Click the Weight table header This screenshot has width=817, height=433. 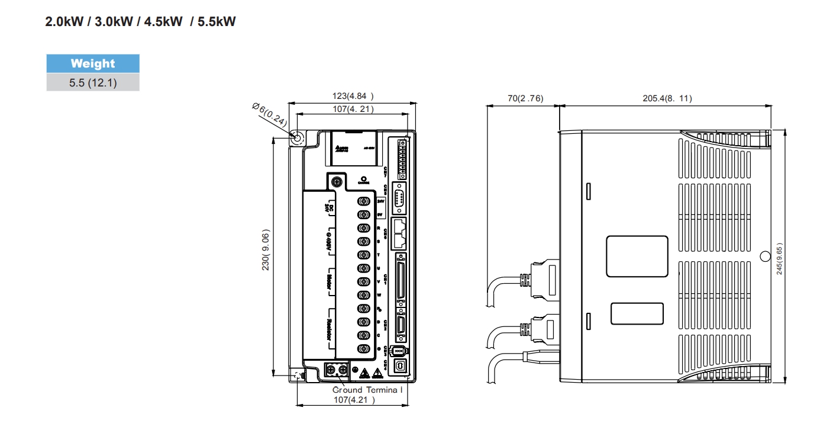click(93, 63)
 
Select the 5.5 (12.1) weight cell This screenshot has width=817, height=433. click(93, 82)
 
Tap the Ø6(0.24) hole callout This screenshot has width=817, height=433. click(269, 114)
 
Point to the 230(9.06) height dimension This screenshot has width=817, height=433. click(266, 251)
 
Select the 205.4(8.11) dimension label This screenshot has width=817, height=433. click(667, 98)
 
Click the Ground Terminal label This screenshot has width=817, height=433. click(367, 390)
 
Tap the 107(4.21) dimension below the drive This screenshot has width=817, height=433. click(354, 399)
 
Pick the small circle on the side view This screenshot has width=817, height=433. click(764, 256)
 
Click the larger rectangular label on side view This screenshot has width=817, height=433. click(637, 256)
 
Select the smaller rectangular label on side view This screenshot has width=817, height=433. click(636, 313)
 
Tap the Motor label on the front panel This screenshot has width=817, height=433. click(329, 281)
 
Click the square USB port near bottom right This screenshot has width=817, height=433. click(401, 367)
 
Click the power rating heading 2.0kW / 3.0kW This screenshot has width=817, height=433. click(140, 23)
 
